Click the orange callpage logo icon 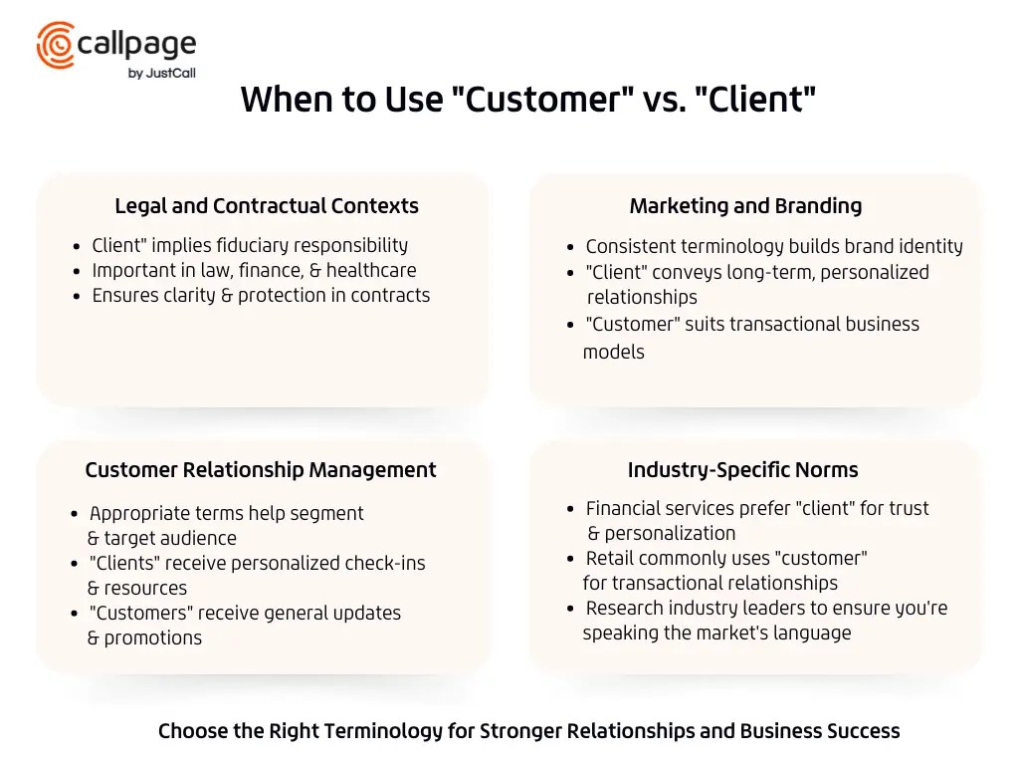pyautogui.click(x=56, y=45)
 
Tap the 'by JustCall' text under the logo pyautogui.click(x=161, y=73)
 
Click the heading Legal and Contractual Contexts pyautogui.click(x=267, y=206)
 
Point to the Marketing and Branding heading pyautogui.click(x=745, y=206)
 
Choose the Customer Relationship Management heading pyautogui.click(x=261, y=470)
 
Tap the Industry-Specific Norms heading pyautogui.click(x=742, y=470)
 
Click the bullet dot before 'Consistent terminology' pyautogui.click(x=570, y=247)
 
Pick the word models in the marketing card pyautogui.click(x=613, y=352)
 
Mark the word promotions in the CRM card pyautogui.click(x=153, y=638)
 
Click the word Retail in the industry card pyautogui.click(x=611, y=558)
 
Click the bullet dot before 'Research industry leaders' pyautogui.click(x=570, y=609)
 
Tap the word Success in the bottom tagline pyautogui.click(x=863, y=731)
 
